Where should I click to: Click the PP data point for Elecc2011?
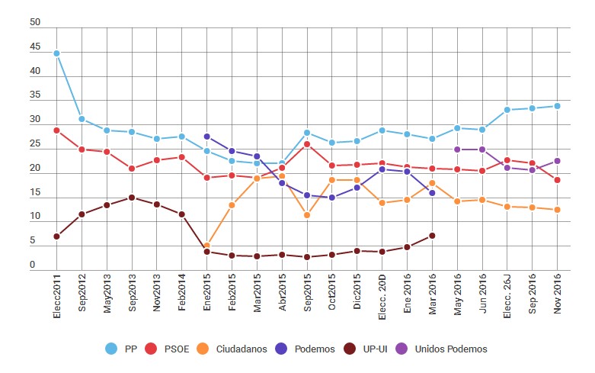56,53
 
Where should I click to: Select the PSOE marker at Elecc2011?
56,130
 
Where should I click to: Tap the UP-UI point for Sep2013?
132,198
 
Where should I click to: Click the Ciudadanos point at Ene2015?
206,246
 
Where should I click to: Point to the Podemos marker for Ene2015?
206,137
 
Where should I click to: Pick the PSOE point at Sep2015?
307,144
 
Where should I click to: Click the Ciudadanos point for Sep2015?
307,215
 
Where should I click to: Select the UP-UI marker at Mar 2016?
432,236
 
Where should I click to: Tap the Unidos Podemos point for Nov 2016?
558,161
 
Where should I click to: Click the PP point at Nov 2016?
558,106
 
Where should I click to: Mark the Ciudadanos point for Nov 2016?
558,210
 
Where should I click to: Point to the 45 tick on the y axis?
35,47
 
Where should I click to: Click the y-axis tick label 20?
35,169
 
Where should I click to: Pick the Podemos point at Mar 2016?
432,193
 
